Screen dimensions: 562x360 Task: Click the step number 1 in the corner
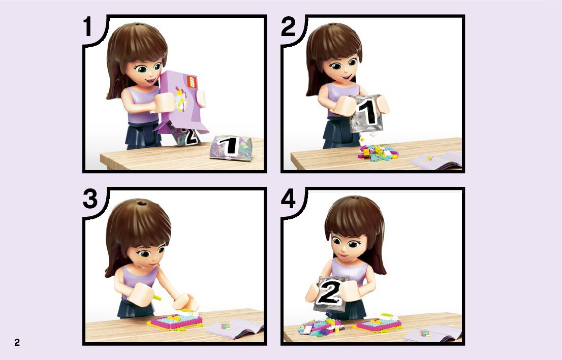pyautogui.click(x=87, y=27)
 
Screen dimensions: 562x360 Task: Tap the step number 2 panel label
pyautogui.click(x=288, y=27)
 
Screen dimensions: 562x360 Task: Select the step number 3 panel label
pyautogui.click(x=90, y=199)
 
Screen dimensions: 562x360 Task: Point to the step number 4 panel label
pyautogui.click(x=288, y=199)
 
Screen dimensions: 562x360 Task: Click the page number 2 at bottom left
pyautogui.click(x=17, y=342)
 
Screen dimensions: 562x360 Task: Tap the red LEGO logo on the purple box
pyautogui.click(x=192, y=82)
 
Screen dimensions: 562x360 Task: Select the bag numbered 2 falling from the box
pyautogui.click(x=185, y=135)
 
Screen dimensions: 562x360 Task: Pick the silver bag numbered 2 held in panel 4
pyautogui.click(x=330, y=293)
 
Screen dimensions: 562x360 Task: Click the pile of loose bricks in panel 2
pyautogui.click(x=378, y=152)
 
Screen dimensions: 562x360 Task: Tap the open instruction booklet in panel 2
pyautogui.click(x=436, y=160)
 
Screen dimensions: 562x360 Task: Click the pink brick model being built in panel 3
pyautogui.click(x=176, y=320)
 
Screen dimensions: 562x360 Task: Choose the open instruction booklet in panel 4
pyautogui.click(x=433, y=333)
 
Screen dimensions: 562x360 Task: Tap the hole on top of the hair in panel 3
pyautogui.click(x=142, y=203)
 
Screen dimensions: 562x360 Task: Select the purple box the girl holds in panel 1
pyautogui.click(x=183, y=103)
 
